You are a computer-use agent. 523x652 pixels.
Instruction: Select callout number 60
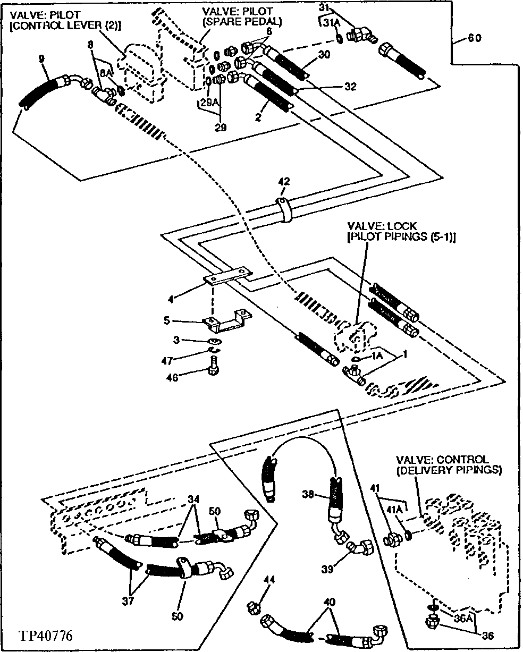click(476, 38)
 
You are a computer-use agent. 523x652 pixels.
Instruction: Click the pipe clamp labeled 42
click(285, 210)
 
